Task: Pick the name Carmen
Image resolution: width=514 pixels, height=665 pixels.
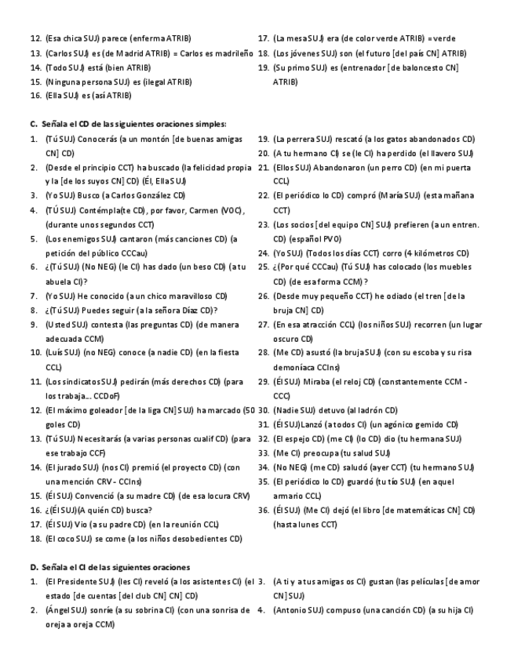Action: click(201, 210)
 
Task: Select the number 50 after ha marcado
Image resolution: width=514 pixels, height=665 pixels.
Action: click(249, 409)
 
